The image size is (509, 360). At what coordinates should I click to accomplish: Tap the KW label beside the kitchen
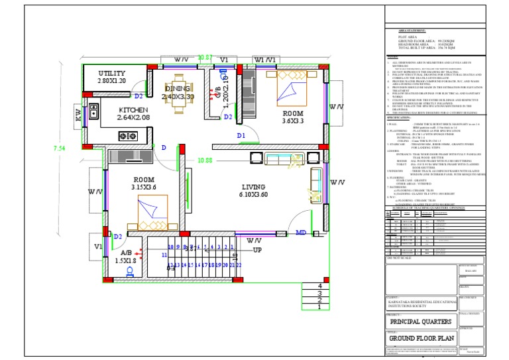click(x=78, y=115)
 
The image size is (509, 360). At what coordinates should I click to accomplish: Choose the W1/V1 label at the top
click(x=264, y=60)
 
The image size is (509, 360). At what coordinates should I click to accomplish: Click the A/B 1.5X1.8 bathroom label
click(x=126, y=257)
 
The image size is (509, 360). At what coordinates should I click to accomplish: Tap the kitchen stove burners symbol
click(x=125, y=136)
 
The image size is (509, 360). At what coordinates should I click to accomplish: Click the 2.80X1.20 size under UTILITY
click(x=111, y=81)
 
